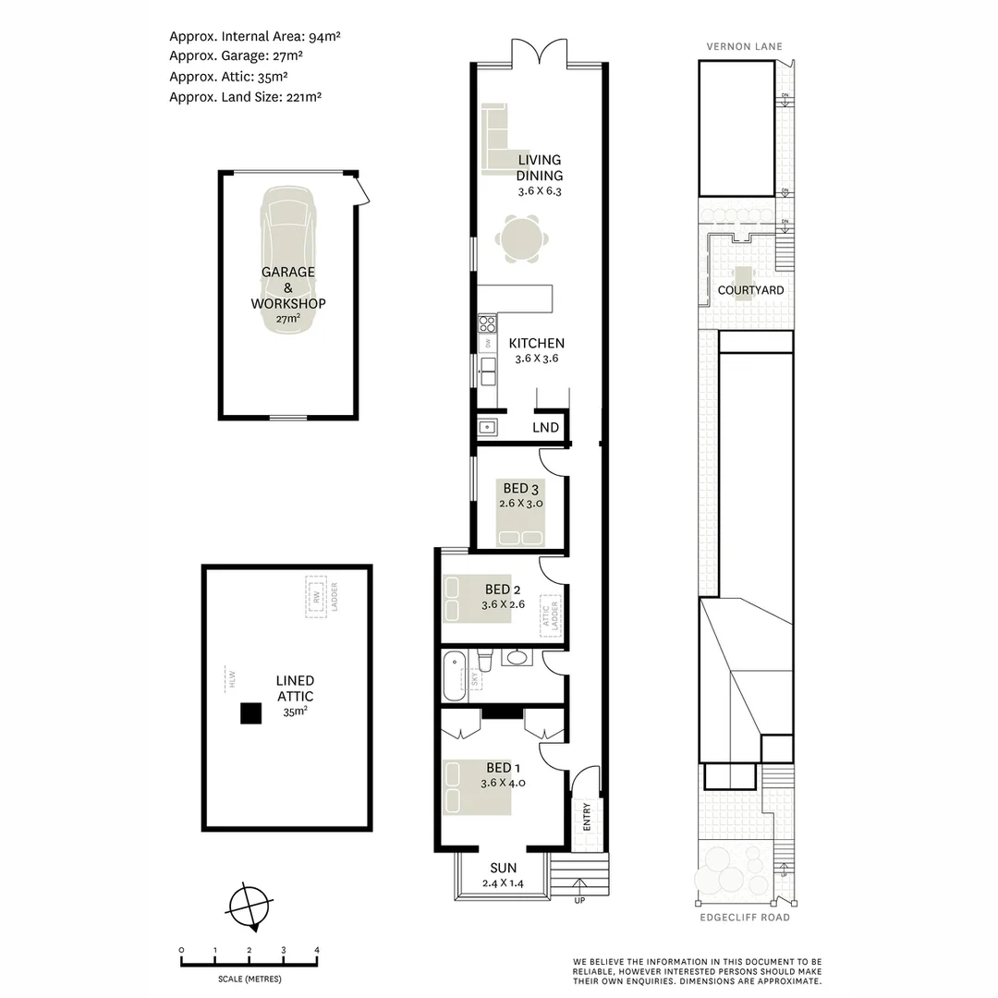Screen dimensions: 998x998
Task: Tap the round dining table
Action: pos(522,239)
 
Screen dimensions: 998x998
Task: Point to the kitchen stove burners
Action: pos(487,324)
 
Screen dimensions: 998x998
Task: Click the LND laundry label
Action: pos(545,427)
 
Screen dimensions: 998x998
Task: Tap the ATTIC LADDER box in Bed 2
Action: pos(551,614)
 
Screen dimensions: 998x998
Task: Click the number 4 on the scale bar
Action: pos(317,950)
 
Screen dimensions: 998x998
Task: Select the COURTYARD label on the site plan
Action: pos(750,290)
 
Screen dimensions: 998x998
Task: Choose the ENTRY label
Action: pos(586,817)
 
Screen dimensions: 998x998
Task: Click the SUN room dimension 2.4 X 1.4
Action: pos(504,883)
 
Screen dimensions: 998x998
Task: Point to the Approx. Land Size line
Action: pos(245,96)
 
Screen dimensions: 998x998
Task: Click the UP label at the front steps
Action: pos(579,900)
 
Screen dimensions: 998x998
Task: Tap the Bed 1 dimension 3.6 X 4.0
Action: pos(503,783)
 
